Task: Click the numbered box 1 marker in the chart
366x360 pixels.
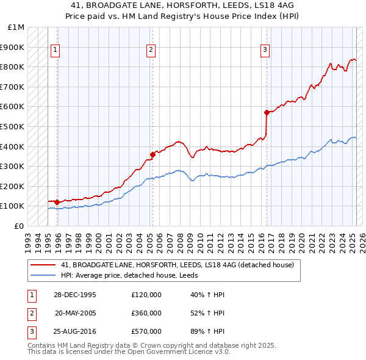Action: [55, 50]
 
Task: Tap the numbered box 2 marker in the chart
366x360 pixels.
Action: [151, 50]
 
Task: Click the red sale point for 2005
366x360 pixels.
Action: [152, 154]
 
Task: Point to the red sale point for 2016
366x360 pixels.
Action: [267, 112]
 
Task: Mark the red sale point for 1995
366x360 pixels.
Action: [57, 202]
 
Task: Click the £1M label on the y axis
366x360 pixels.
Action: [16, 27]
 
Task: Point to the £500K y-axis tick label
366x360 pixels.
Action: [13, 126]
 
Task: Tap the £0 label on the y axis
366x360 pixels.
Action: [20, 226]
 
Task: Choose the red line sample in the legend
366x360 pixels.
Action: [43, 265]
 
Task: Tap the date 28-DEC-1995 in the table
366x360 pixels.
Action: [75, 294]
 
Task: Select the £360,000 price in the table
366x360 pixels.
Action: [146, 313]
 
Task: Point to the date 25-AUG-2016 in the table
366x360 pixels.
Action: [75, 331]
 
